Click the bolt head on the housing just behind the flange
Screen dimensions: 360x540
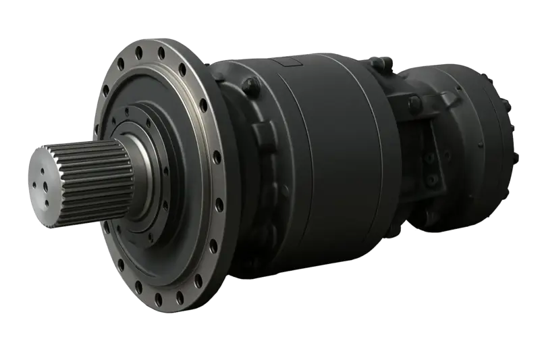(x=249, y=86)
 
